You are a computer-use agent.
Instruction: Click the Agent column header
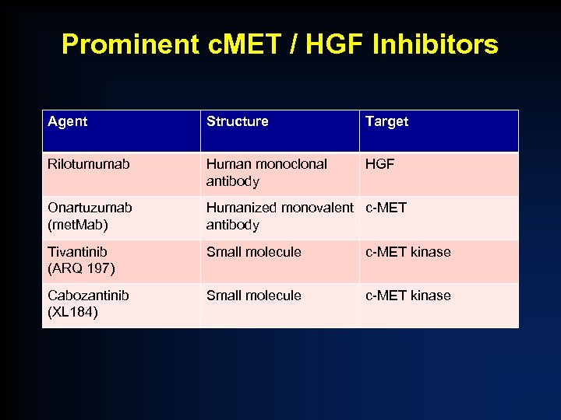68,121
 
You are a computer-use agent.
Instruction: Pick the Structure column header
237,121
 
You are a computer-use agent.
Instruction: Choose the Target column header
387,121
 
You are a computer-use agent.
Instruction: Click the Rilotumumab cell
89,165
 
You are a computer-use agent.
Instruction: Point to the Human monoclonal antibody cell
266,173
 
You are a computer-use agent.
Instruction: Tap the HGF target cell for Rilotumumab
380,165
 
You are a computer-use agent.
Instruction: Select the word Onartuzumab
90,208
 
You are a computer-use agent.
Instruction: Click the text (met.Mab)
78,225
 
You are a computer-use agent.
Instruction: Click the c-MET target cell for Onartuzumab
386,208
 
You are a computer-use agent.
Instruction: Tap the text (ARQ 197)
81,269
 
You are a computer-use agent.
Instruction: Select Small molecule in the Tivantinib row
253,252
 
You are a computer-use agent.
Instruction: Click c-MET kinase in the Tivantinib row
408,252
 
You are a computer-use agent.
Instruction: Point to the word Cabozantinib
88,296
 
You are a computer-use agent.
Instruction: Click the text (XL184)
72,313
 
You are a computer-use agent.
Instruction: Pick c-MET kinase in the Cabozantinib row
408,296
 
